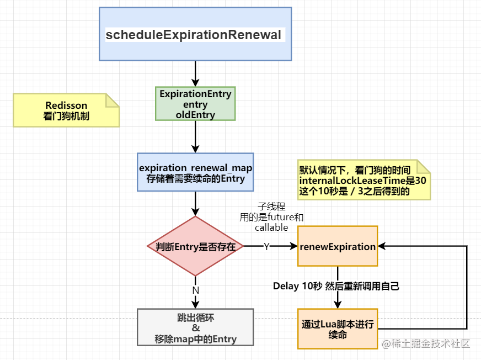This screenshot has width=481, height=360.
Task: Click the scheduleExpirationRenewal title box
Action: pos(195,34)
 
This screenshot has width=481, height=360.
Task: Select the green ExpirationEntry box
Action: pos(195,103)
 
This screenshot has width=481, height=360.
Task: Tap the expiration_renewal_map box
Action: pos(195,172)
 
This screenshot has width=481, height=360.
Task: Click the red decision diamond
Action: pos(195,246)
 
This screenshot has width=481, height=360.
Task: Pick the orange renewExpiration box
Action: pos(338,246)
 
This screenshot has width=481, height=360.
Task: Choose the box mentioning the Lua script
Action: pos(338,329)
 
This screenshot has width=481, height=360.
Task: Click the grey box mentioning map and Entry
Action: pos(195,327)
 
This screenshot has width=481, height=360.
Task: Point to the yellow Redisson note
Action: pos(66,110)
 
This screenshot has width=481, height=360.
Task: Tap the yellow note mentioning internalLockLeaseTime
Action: pos(364,180)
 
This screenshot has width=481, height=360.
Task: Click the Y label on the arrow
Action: pos(266,246)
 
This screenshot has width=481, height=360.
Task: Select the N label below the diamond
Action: pos(195,290)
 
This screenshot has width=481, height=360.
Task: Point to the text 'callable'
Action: pos(271,227)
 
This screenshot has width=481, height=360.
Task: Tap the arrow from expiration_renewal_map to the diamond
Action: pos(195,204)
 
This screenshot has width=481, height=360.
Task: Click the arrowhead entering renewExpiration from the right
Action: pos(382,246)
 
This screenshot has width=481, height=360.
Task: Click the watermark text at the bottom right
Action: pos(426,344)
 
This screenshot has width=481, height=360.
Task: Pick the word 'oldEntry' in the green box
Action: pos(195,115)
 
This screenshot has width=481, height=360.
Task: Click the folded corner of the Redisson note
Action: pos(113,100)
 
